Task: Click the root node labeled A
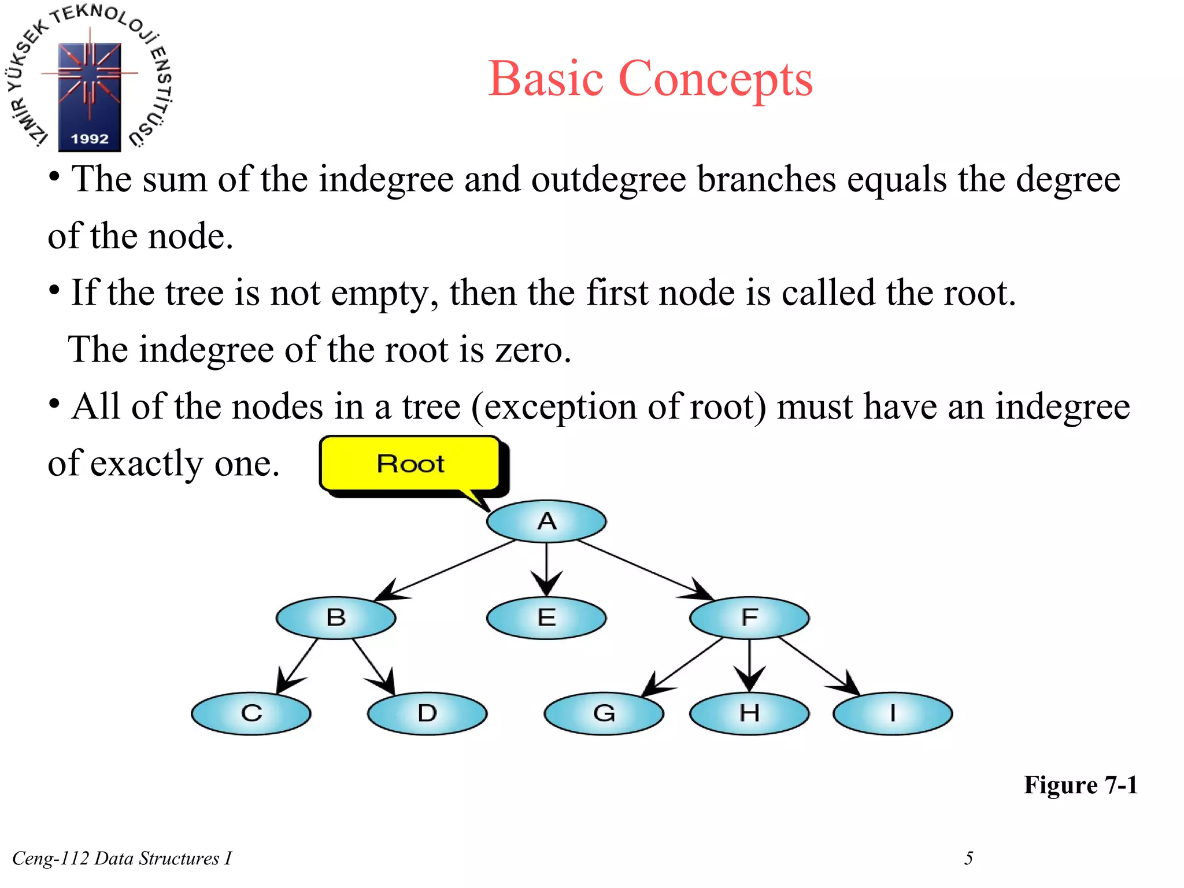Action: [546, 521]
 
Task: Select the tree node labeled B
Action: [336, 617]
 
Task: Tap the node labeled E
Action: [546, 617]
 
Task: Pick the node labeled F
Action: [749, 617]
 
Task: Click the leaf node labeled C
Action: [251, 713]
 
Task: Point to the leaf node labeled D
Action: [427, 713]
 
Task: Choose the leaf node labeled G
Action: [604, 713]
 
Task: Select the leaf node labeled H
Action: [749, 713]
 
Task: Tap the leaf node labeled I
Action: [893, 713]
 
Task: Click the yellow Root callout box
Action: [410, 464]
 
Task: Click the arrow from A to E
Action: [546, 569]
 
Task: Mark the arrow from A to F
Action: [645, 569]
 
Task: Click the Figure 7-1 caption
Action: [1080, 785]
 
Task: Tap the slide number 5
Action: [968, 858]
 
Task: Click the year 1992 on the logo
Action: [90, 139]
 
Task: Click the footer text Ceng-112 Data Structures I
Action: [122, 858]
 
